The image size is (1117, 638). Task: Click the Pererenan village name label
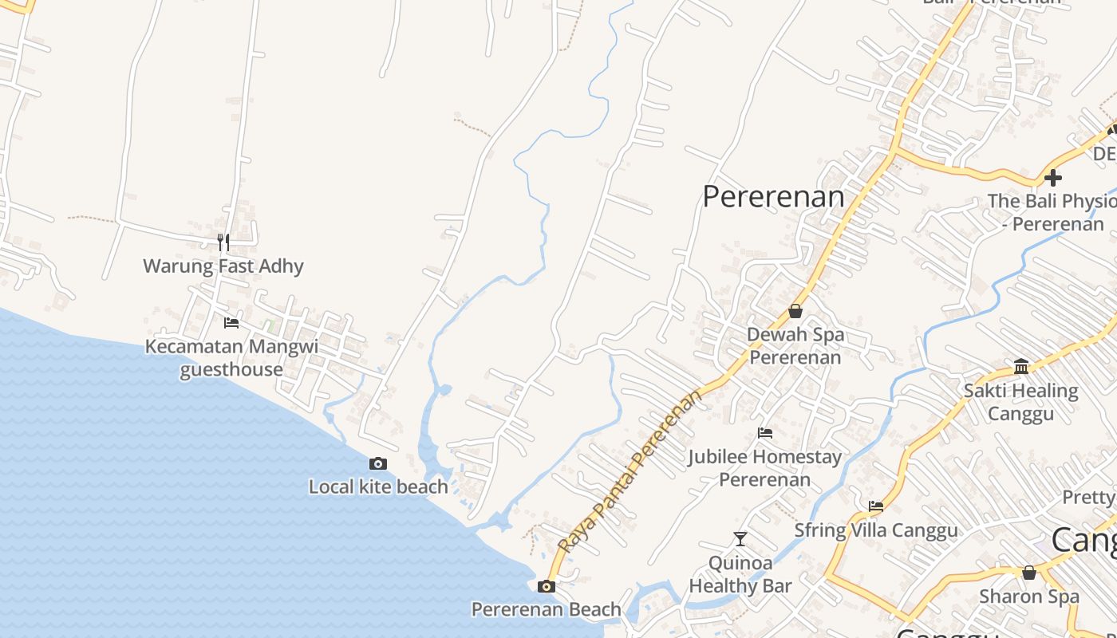773,196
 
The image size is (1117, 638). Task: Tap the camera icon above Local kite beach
378,463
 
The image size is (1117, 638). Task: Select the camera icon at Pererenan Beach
547,587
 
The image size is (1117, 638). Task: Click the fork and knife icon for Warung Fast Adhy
223,242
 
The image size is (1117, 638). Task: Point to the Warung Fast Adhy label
223,266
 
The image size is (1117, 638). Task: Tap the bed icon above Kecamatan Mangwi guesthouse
231,322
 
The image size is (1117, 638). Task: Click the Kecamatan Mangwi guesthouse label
231,358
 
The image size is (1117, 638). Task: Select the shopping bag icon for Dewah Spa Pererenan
795,311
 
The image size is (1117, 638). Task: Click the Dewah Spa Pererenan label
795,345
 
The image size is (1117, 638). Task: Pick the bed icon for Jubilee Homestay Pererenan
765,433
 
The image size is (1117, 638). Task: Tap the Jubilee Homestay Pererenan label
765,468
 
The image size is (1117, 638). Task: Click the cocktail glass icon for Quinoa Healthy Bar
740,539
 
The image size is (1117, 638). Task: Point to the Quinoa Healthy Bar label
740,574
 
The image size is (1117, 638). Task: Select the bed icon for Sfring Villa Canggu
876,506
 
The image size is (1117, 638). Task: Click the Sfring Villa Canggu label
876,530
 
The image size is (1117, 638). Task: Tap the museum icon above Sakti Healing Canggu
1021,366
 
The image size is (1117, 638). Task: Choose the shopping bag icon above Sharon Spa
1029,573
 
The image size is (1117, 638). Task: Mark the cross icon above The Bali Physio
1053,177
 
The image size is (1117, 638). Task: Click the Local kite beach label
378,486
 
